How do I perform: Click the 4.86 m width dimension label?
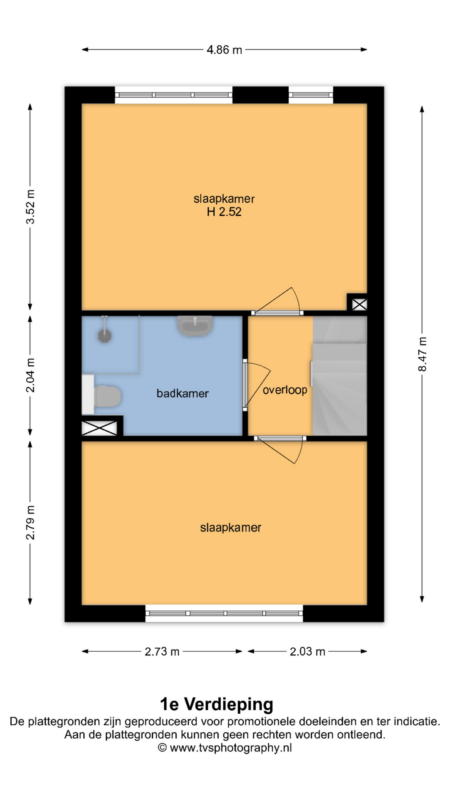pyautogui.click(x=224, y=50)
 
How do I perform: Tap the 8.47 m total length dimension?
pyautogui.click(x=422, y=354)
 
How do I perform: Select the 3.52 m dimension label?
pyautogui.click(x=30, y=207)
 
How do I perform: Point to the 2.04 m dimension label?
pyautogui.click(x=30, y=375)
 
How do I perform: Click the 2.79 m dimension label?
pyautogui.click(x=30, y=523)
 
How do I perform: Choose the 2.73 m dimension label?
pyautogui.click(x=162, y=651)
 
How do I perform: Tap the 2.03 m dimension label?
pyautogui.click(x=307, y=651)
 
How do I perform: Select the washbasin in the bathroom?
pyautogui.click(x=195, y=326)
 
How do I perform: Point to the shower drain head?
pyautogui.click(x=104, y=335)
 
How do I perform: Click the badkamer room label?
pyautogui.click(x=182, y=393)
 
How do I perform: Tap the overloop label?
pyautogui.click(x=285, y=390)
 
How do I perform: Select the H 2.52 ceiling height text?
pyautogui.click(x=224, y=212)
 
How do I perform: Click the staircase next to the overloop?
pyautogui.click(x=340, y=376)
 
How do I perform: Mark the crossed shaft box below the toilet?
pyautogui.click(x=99, y=428)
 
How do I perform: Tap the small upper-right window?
pyautogui.click(x=311, y=95)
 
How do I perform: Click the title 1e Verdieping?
pyautogui.click(x=217, y=704)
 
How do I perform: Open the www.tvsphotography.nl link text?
pyautogui.click(x=231, y=748)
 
